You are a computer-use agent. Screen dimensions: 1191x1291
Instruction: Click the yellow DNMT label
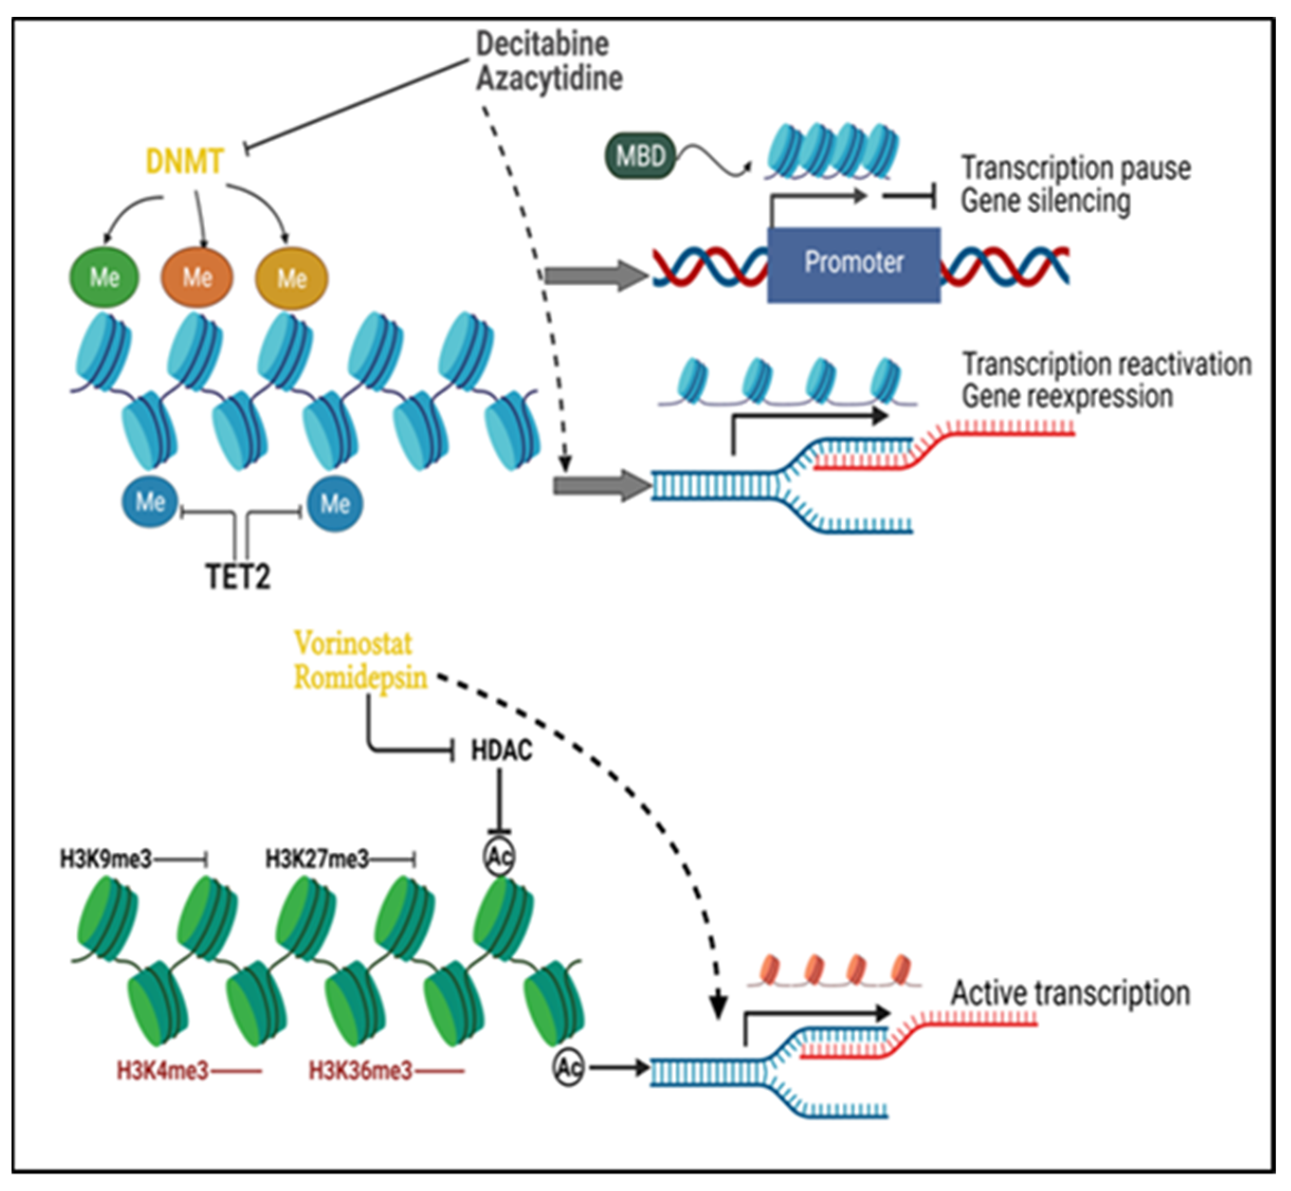pos(184,161)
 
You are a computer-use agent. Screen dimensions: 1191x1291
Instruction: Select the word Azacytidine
pos(549,79)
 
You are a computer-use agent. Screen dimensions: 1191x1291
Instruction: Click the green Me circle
pos(104,277)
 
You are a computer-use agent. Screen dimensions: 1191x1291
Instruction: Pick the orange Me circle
pos(197,277)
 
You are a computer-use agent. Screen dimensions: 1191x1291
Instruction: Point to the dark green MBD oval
pos(639,156)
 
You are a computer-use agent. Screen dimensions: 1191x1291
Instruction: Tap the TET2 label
pos(238,576)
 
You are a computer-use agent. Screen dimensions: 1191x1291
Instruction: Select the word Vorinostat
pos(353,643)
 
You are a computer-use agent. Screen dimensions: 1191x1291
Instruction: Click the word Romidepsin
pos(360,677)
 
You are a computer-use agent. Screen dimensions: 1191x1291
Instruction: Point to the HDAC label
pos(501,751)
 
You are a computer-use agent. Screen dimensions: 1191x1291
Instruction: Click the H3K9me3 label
pos(106,859)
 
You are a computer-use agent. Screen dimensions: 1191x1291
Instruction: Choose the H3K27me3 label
pos(317,859)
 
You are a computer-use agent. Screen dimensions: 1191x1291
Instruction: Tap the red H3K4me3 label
pos(163,1071)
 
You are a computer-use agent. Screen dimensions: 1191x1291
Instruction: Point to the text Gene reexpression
pos(1067,396)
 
